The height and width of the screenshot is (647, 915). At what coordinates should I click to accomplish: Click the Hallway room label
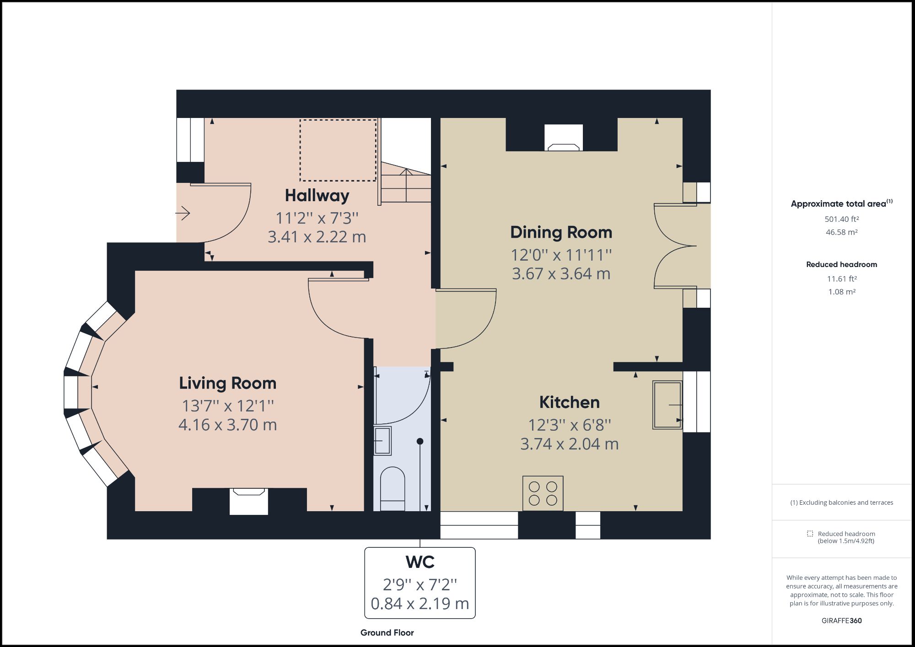pos(317,196)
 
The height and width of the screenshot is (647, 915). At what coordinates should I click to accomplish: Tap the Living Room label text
pos(227,383)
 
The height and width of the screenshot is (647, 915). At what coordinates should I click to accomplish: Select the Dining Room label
pos(561,232)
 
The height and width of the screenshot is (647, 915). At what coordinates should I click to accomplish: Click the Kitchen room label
pos(569,402)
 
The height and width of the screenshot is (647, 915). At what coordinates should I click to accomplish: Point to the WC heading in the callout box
pos(420,562)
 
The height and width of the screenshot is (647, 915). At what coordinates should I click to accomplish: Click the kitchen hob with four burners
pos(543,493)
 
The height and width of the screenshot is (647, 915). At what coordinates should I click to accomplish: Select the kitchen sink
pos(667,405)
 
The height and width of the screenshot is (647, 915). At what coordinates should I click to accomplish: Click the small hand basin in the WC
pos(382,441)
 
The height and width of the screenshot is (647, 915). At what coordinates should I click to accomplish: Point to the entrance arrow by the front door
pos(183,213)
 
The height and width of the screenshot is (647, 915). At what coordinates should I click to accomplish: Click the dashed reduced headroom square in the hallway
pos(338,150)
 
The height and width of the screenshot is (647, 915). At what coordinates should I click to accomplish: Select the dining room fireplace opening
pos(564,137)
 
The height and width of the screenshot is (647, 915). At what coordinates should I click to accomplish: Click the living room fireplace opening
pos(248,501)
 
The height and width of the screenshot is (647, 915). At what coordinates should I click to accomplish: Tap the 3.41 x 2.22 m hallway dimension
pos(317,237)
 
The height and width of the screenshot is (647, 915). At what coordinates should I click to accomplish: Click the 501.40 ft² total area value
pos(841,219)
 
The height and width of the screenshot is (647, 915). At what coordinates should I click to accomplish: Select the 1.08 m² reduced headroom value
pos(841,292)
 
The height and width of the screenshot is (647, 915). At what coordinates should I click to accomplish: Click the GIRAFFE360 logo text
pos(841,620)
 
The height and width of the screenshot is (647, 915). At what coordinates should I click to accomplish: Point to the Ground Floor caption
pos(387,633)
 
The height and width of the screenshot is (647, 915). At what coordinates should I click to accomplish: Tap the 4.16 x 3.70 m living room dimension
pos(227,425)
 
